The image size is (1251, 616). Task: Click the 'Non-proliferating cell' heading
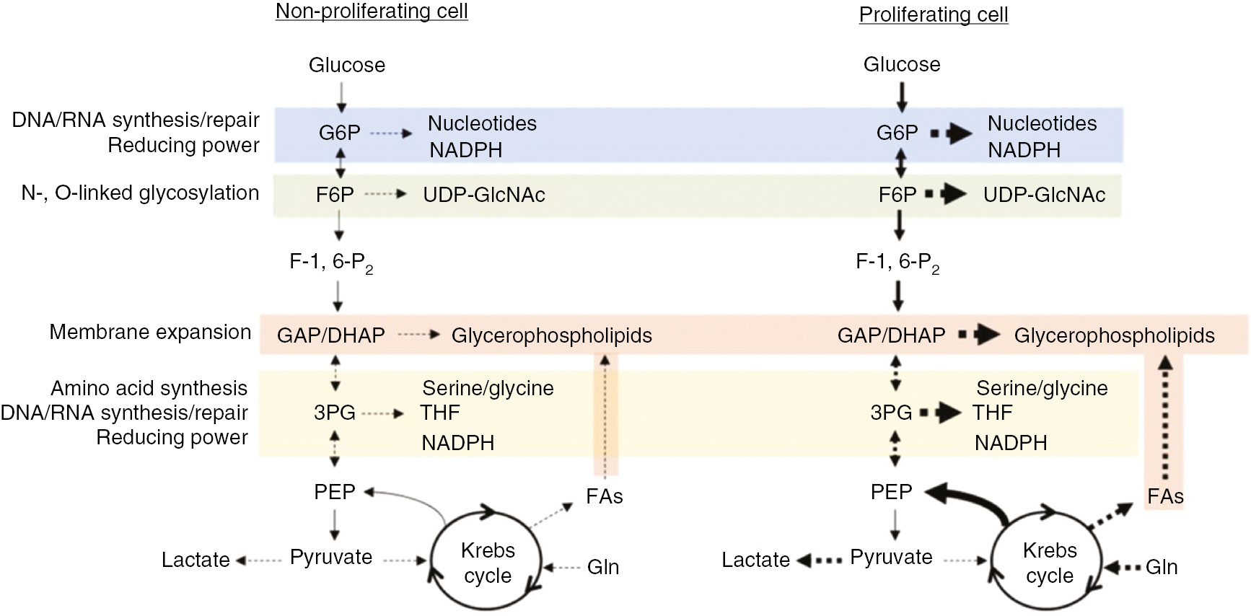(x=372, y=12)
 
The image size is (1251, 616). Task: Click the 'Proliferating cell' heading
(x=933, y=14)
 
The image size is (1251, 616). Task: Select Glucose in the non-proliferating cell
(x=347, y=65)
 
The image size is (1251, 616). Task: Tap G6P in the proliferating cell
(x=897, y=133)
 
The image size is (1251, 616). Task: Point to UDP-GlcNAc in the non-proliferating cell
(x=483, y=195)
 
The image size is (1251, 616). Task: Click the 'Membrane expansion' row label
(x=150, y=333)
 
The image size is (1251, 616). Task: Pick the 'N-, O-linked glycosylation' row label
(x=140, y=193)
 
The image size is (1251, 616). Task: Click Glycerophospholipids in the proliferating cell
(x=1114, y=335)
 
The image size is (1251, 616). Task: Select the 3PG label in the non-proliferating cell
(x=334, y=413)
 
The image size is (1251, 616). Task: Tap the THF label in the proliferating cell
(x=992, y=413)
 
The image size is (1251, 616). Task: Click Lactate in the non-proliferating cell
(x=196, y=560)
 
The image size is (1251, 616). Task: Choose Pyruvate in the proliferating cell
(x=891, y=558)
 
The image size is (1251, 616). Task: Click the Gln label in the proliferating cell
(x=1162, y=568)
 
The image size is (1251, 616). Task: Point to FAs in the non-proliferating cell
(x=605, y=496)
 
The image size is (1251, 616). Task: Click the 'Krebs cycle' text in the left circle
(x=488, y=563)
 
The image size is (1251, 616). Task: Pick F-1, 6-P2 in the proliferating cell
(x=897, y=262)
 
